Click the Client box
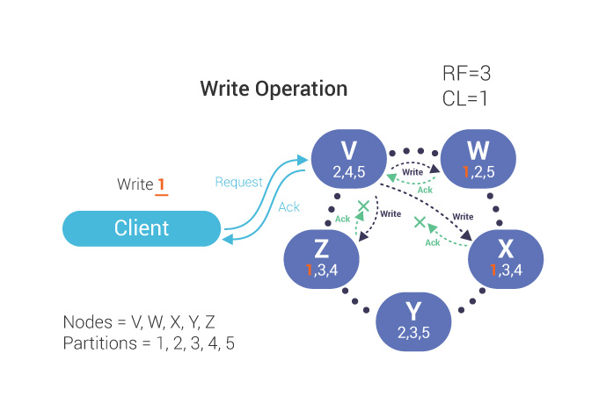click(x=141, y=228)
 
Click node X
click(x=504, y=258)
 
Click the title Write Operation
click(x=274, y=89)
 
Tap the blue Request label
click(x=238, y=182)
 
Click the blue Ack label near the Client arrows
click(x=288, y=207)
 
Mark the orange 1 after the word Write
click(x=161, y=185)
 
